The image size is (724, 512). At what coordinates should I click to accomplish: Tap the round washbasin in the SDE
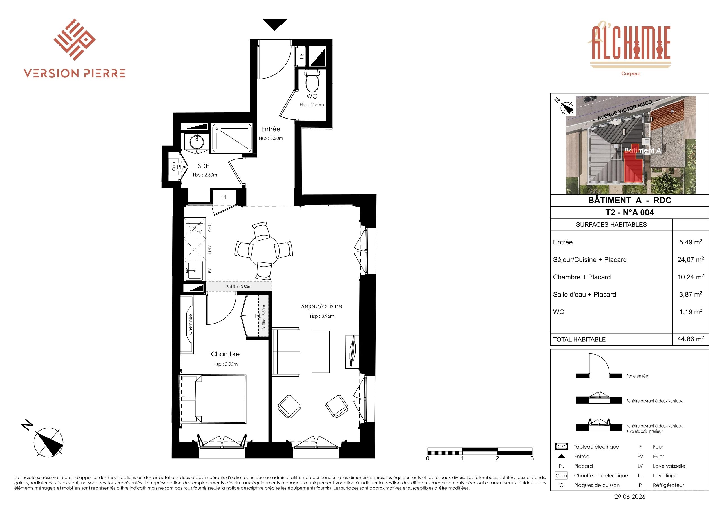(x=197, y=142)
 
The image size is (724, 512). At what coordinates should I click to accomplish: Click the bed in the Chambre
(x=213, y=399)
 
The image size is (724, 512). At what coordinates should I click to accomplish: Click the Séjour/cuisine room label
(x=322, y=306)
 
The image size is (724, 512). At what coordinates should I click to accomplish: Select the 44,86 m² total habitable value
(x=691, y=339)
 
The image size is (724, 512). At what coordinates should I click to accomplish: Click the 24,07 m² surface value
(x=691, y=259)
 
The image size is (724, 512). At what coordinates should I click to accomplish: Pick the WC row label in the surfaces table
(x=558, y=312)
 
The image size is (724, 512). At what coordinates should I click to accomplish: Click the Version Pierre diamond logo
(x=75, y=39)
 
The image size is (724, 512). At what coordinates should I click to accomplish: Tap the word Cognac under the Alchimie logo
(x=630, y=74)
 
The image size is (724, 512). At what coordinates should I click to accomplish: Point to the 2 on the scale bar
(x=497, y=458)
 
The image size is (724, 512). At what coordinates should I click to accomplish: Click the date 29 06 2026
(x=630, y=497)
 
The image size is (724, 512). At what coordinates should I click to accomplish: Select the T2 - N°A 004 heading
(x=630, y=212)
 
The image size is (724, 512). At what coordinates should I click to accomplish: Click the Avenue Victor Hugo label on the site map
(x=625, y=110)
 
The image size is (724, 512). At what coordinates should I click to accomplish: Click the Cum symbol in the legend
(x=561, y=475)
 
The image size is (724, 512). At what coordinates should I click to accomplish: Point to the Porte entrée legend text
(x=637, y=376)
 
